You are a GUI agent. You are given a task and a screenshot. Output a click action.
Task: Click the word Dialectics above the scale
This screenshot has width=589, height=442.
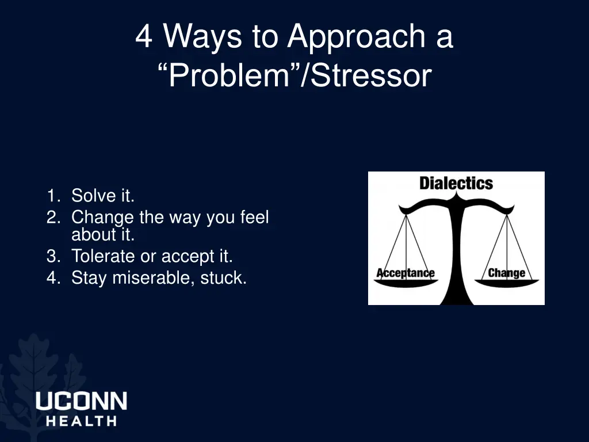point(456,184)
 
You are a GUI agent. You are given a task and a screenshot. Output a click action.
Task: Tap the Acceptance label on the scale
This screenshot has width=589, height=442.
point(406,273)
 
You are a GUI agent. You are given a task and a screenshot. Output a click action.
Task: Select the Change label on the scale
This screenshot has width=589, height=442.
point(506,273)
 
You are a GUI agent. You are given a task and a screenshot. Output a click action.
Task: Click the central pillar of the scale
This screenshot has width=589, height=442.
point(457,253)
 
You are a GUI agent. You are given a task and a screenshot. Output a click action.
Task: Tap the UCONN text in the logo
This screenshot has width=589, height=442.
point(81,401)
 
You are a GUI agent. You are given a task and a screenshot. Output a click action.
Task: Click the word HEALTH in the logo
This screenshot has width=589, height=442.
point(81,421)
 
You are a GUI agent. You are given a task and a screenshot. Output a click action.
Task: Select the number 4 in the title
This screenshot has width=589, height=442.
point(144,36)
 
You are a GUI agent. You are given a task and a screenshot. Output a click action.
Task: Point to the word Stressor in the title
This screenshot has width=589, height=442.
point(371,75)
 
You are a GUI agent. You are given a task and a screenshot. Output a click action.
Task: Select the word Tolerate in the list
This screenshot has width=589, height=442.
point(103,256)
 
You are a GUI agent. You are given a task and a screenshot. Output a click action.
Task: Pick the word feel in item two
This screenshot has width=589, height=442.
point(254,218)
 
